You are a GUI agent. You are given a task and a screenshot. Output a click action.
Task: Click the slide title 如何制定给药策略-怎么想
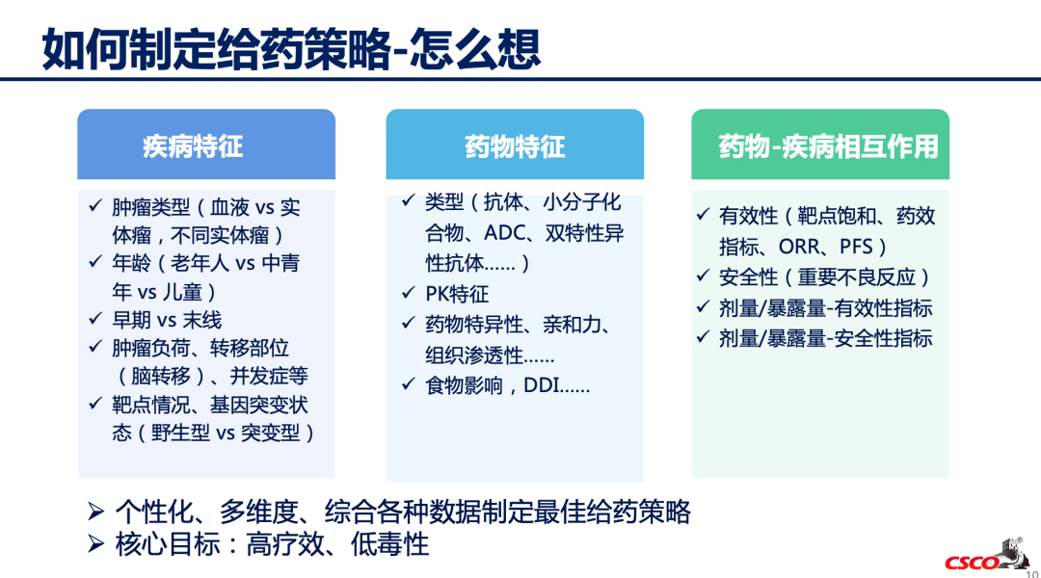pyautogui.click(x=291, y=49)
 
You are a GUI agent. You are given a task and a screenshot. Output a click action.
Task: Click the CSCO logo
pyautogui.click(x=987, y=556)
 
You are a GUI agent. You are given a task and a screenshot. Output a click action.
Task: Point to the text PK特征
pyautogui.click(x=457, y=293)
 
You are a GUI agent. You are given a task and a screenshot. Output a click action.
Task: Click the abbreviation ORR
pyautogui.click(x=799, y=247)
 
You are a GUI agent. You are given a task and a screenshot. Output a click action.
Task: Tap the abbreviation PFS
pyautogui.click(x=856, y=247)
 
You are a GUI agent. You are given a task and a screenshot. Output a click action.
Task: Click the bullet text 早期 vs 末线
pyautogui.click(x=167, y=320)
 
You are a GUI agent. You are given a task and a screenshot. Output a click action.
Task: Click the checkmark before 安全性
pyautogui.click(x=703, y=276)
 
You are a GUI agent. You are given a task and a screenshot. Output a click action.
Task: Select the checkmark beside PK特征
pyautogui.click(x=409, y=292)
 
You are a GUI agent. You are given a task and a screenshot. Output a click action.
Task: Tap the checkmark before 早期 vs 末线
pyautogui.click(x=95, y=319)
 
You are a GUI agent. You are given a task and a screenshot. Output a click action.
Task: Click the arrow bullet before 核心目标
pyautogui.click(x=96, y=544)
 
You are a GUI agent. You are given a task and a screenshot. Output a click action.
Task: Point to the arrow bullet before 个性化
pyautogui.click(x=96, y=511)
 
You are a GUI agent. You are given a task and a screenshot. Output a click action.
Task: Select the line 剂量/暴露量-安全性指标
pyautogui.click(x=826, y=338)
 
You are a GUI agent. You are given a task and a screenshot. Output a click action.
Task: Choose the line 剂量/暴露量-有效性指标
pyautogui.click(x=826, y=308)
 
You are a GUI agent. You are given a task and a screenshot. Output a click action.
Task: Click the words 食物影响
pyautogui.click(x=464, y=385)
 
